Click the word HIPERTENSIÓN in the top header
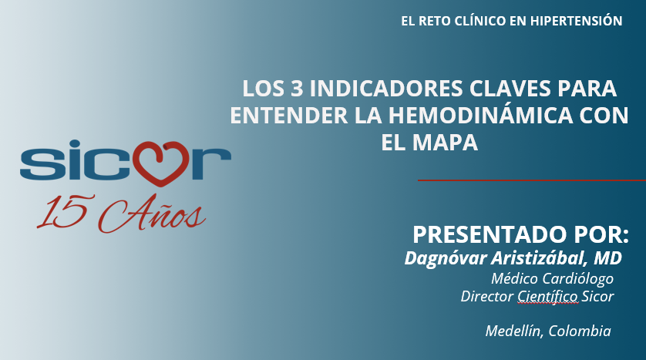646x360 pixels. coord(576,22)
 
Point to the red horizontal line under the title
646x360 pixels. coord(531,180)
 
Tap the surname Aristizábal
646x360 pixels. coord(537,257)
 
